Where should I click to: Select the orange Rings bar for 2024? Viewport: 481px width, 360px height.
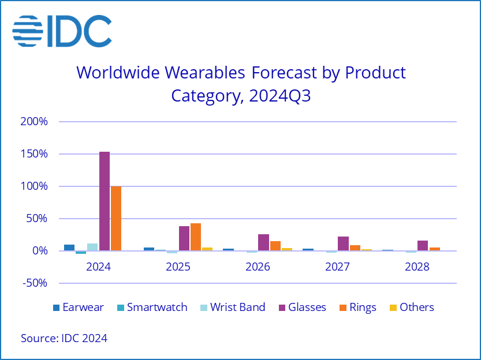click(x=115, y=219)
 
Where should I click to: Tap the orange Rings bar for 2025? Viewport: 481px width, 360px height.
click(x=195, y=237)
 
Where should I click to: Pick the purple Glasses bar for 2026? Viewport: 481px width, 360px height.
click(x=263, y=242)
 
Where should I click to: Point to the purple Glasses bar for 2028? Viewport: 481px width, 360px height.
click(x=423, y=246)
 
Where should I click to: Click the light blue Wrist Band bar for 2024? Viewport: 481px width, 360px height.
click(x=92, y=247)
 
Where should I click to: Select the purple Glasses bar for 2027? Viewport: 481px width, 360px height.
click(x=343, y=243)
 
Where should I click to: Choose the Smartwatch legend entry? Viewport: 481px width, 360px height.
click(x=151, y=307)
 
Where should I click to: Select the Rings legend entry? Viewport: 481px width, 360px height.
click(x=356, y=307)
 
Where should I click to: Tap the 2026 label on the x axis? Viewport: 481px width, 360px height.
click(x=258, y=267)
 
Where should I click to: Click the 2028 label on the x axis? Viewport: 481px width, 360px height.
click(x=417, y=267)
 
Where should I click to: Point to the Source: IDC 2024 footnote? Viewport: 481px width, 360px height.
click(x=64, y=338)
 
